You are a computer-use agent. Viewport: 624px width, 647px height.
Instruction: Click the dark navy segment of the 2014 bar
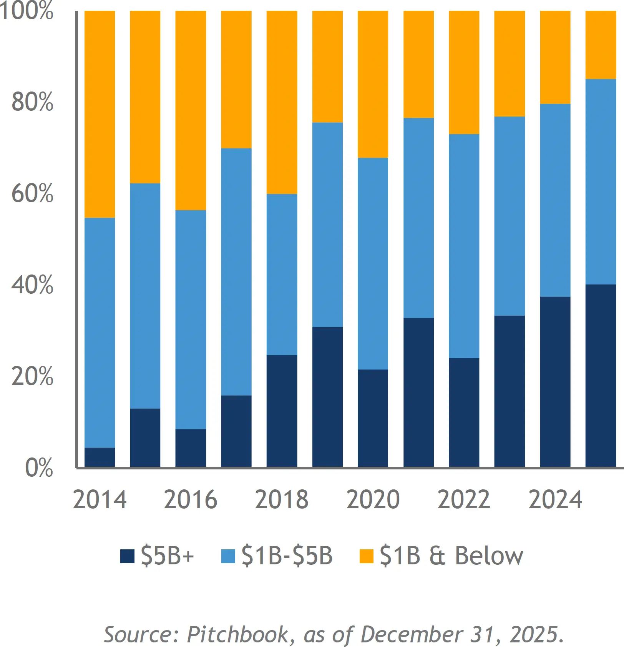coord(100,457)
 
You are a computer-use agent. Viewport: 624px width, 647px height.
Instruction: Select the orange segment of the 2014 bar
coord(100,114)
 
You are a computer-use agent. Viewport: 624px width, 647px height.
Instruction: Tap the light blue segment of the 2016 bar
coord(191,319)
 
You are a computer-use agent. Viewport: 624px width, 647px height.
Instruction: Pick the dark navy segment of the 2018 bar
coord(282,411)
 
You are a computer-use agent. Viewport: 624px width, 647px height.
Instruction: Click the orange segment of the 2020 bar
coord(373,84)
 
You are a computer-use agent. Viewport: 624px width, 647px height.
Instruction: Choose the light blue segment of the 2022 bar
coord(464,246)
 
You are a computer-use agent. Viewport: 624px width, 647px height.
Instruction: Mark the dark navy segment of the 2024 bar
coord(555,382)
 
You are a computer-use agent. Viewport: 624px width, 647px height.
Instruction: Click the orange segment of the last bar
coord(601,45)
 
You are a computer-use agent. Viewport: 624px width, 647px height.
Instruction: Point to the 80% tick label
coord(32,102)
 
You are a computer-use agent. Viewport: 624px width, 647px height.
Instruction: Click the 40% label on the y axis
coord(32,285)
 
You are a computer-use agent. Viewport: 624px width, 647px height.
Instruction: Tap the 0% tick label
coord(39,467)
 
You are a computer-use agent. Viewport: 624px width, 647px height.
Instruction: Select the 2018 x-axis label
coord(282,499)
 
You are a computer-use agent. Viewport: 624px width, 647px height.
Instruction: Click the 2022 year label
coord(464,499)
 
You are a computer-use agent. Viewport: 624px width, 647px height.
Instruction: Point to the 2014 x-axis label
coord(100,499)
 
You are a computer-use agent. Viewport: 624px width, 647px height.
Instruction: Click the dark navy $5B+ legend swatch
coord(127,556)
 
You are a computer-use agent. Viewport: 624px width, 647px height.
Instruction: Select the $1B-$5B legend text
coord(287,556)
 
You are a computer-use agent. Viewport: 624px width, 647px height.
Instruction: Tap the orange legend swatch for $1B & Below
coord(366,556)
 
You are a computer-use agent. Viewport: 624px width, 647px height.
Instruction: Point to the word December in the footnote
coord(412,634)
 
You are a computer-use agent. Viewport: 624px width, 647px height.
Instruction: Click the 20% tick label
coord(32,376)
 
